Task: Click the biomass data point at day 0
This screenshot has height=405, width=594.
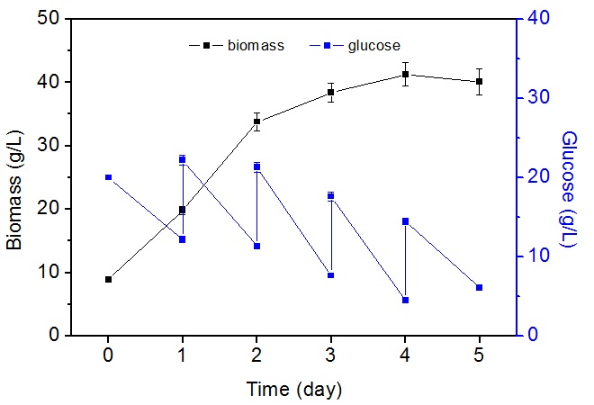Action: click(x=109, y=279)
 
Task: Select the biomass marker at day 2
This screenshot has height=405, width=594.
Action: click(x=257, y=121)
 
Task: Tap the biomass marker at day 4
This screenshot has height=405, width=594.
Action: click(x=406, y=74)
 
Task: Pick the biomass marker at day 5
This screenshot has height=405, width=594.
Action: click(x=480, y=81)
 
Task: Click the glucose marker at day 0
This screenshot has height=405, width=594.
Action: click(x=109, y=177)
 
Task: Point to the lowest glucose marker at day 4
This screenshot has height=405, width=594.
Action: click(x=406, y=300)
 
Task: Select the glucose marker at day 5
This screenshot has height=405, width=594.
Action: click(x=480, y=287)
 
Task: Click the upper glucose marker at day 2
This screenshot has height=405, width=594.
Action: click(x=257, y=166)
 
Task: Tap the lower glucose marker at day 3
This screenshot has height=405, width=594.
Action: click(x=331, y=274)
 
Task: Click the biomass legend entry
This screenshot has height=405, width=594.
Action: click(x=237, y=44)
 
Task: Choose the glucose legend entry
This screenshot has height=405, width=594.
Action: click(x=356, y=44)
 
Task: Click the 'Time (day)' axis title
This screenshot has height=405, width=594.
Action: click(x=294, y=390)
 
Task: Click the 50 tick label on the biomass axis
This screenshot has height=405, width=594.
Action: click(x=72, y=18)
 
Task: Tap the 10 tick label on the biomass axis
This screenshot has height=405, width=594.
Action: click(x=72, y=272)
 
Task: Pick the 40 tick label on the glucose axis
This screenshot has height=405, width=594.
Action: click(x=537, y=18)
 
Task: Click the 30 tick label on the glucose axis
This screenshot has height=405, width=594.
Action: click(x=537, y=97)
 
